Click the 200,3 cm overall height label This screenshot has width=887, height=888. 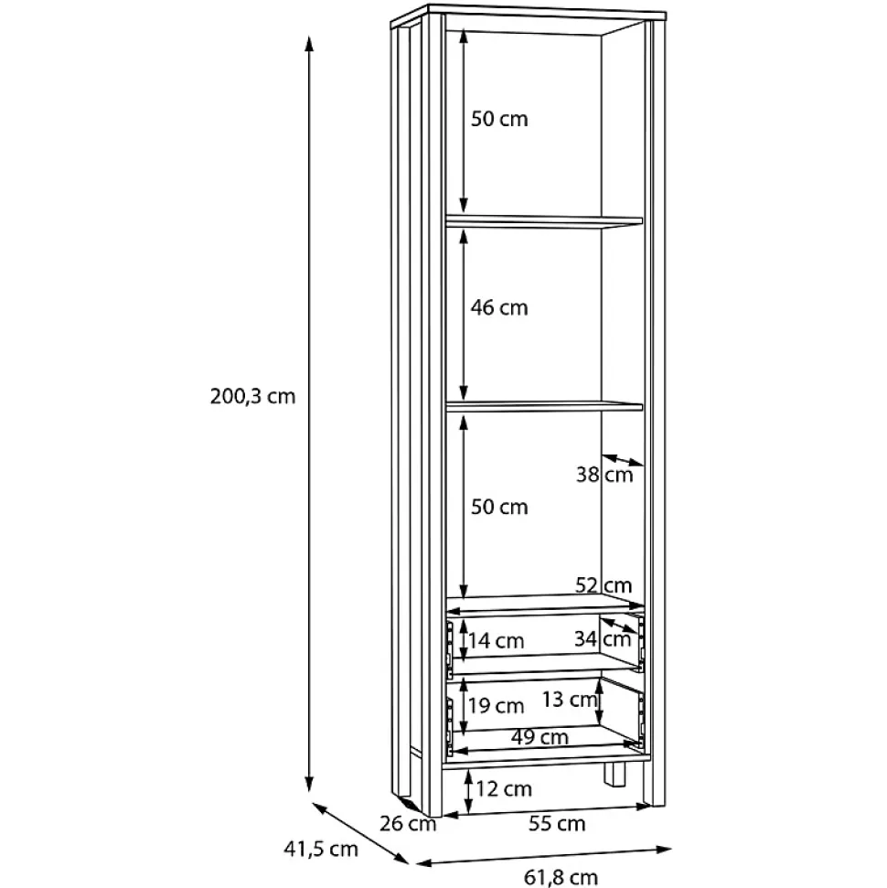[x=252, y=396]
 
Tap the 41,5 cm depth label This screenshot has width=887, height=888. [x=321, y=849]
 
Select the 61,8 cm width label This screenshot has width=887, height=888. [x=561, y=877]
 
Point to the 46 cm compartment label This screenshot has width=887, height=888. [x=499, y=307]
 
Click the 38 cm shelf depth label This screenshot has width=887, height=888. [x=604, y=474]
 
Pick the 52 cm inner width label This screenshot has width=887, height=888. [x=604, y=584]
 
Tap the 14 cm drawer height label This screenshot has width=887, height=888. [x=496, y=640]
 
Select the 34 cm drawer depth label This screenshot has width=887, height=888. [x=603, y=639]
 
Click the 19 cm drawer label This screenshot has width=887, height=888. [x=496, y=706]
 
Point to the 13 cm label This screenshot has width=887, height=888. [x=570, y=700]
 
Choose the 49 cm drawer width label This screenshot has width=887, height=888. [x=540, y=737]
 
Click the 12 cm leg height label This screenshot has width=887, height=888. [x=504, y=788]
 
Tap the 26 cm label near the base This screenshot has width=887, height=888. [x=408, y=823]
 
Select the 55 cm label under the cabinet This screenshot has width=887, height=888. [x=557, y=823]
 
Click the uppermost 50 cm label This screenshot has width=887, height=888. [x=499, y=119]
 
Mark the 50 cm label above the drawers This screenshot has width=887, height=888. [x=499, y=507]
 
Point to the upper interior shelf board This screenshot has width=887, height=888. [x=544, y=221]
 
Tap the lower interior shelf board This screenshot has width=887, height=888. [x=544, y=406]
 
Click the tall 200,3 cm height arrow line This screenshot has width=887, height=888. [x=309, y=413]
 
